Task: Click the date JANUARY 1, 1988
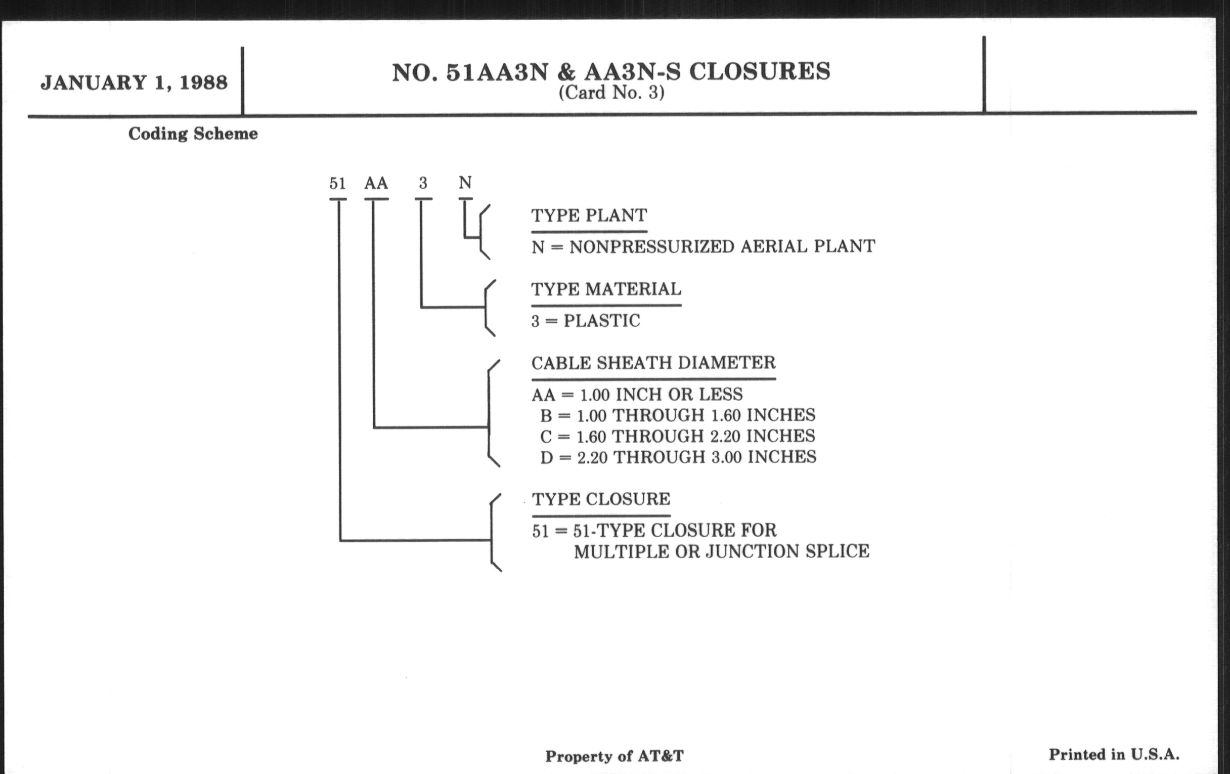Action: [x=134, y=83]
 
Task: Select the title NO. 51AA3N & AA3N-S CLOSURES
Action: [x=611, y=72]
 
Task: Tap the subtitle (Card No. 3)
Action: [x=611, y=93]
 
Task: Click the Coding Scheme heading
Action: [x=193, y=134]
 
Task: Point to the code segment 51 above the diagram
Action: [x=338, y=183]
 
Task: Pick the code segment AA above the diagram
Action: [x=376, y=183]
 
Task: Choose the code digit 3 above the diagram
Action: [x=423, y=183]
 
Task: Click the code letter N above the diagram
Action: [x=465, y=183]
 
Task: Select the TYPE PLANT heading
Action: [x=589, y=216]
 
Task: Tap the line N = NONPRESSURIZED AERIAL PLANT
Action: [x=704, y=247]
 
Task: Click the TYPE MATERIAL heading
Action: [x=606, y=289]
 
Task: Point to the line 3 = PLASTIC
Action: [x=585, y=321]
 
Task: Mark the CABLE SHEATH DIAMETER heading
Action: [x=653, y=363]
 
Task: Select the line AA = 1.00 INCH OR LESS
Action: [x=637, y=395]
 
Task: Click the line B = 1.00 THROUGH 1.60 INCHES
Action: [x=678, y=415]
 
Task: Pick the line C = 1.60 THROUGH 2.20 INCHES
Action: [x=678, y=436]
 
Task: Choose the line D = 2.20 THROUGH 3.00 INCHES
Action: [x=678, y=457]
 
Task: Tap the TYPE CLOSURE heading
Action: [x=601, y=499]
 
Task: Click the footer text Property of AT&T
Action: [x=614, y=756]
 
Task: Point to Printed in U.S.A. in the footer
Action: [x=1114, y=755]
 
